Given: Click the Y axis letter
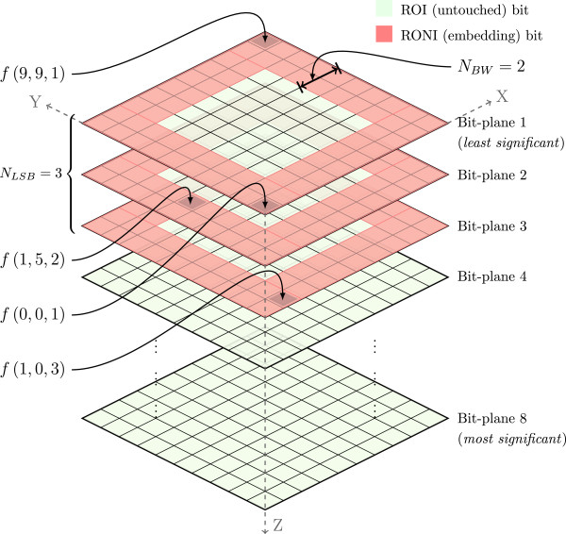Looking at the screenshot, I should coord(35,103).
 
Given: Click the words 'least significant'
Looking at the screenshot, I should coord(510,144).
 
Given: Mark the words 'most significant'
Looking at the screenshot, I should coord(510,439).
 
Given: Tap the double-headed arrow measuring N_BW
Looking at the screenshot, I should coord(321,73).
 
